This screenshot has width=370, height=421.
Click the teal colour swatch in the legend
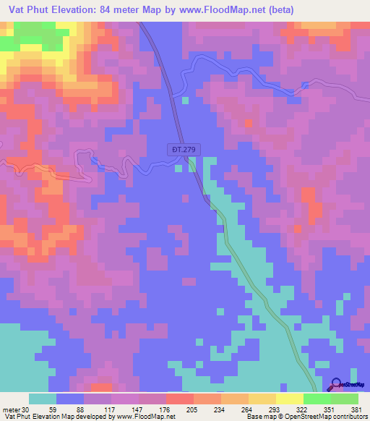click(42, 399)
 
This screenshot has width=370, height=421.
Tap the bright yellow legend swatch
click(289, 399)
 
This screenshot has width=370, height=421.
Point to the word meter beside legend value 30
click(10, 409)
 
